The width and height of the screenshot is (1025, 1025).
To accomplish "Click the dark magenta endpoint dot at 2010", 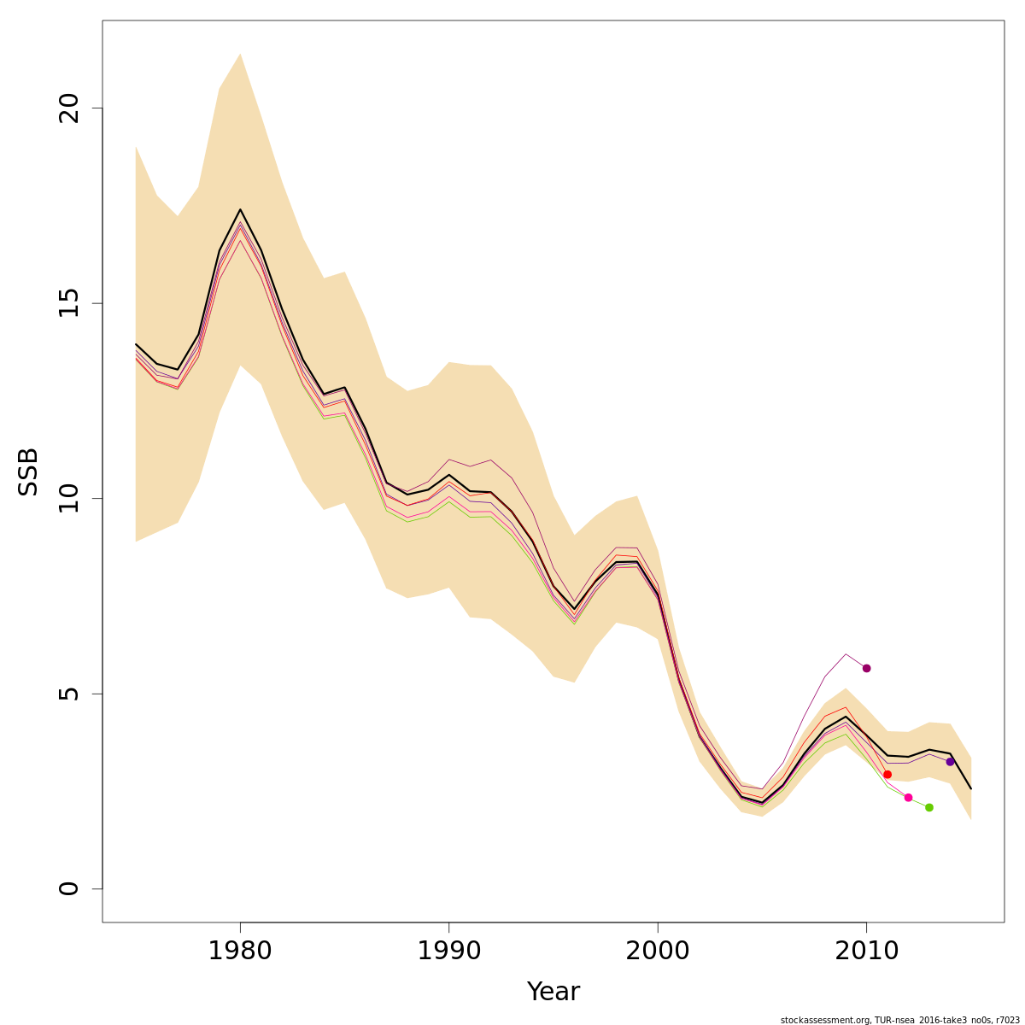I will (866, 668).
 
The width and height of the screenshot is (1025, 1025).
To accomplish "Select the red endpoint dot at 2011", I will (887, 775).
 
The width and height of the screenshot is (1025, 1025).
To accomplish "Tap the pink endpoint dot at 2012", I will (908, 798).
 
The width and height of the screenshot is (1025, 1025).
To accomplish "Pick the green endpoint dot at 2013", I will (929, 807).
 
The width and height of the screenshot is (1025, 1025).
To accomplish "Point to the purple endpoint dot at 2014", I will (950, 761).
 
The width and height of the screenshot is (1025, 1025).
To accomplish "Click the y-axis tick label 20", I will (68, 108).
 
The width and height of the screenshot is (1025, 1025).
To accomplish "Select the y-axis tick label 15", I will (68, 303).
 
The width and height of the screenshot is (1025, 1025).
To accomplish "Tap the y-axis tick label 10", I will (68, 498).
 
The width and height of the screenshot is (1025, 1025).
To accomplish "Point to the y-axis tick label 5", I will (68, 694).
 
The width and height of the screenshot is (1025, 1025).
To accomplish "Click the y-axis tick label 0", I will (68, 888).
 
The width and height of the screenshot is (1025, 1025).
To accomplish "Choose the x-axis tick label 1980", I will (240, 951).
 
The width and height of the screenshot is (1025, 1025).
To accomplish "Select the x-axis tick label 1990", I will (449, 951).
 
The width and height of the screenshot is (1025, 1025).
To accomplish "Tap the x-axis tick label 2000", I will (658, 951).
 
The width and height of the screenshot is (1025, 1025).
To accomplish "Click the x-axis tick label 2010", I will (866, 951).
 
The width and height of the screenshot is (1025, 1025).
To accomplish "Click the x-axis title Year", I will (553, 992).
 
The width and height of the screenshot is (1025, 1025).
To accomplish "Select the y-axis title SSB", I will (29, 471).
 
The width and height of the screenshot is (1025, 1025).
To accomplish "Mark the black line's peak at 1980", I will (240, 209).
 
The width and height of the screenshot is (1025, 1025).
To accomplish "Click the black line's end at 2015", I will (971, 788).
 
